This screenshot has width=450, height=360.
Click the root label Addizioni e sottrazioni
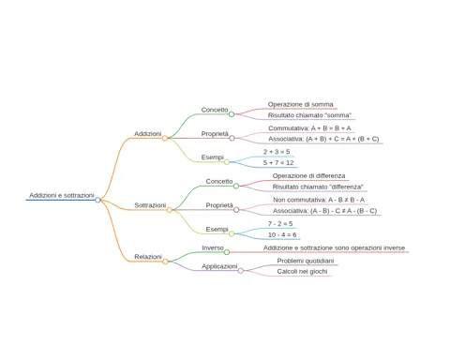pos(62,195)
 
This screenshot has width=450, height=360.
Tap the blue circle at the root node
pos(97,200)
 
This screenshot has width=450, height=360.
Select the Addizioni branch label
pos(148,134)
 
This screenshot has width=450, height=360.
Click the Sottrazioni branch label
pos(150,205)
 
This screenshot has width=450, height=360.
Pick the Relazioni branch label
pos(148,257)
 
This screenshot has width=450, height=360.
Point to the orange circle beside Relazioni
pos(165,262)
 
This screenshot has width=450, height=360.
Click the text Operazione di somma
pos(301,104)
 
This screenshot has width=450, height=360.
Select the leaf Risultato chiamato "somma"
pos(309,115)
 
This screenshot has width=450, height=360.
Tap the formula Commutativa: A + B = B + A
pos(309,128)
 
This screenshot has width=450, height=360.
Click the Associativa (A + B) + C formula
pos(323,139)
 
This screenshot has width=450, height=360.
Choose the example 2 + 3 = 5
pos(277,152)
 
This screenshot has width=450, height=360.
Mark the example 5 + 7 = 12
pos(278,163)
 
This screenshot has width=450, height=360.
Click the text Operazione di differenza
pos(308,176)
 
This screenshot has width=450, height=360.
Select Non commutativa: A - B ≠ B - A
pos(319,200)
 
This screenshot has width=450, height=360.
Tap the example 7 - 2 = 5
pos(280,224)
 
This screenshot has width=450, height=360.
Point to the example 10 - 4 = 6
pos(282,234)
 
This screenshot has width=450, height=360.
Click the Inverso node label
pos(213,247)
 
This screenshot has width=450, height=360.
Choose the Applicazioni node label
pos(219,266)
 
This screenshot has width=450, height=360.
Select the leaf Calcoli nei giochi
pos(302,272)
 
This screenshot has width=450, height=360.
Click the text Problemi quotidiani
pos(306,261)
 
